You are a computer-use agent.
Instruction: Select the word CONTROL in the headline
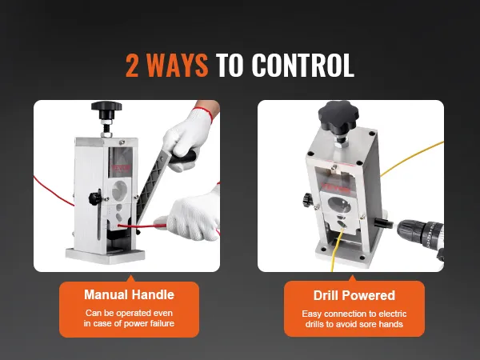[x=304, y=66]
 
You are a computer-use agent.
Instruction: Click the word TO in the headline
[x=231, y=66]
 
